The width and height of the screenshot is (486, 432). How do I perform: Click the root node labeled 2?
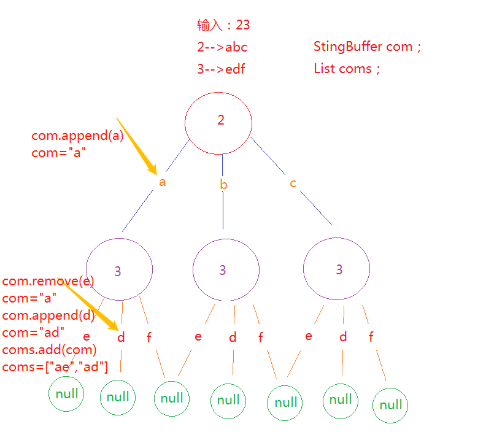pos(218,121)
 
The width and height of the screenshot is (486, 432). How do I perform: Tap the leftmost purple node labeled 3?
pos(119,269)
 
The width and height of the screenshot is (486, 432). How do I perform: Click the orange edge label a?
pos(162,182)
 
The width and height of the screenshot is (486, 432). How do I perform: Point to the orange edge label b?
pos(223,185)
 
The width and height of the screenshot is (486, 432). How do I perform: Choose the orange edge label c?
pos(293,183)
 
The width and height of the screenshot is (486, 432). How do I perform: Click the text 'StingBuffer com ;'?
pos(367,47)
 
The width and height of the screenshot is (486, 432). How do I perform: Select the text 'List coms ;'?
pos(347,69)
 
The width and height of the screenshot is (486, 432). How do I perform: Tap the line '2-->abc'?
pos(222,47)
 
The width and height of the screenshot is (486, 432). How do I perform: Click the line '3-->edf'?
pos(221,69)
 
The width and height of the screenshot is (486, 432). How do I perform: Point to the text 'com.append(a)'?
pos(77,136)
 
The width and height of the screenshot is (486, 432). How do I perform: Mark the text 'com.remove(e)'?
pos(48,282)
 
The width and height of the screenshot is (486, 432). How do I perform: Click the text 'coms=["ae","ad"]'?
pos(55,368)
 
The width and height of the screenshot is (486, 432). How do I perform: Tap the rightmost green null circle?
pos(391,405)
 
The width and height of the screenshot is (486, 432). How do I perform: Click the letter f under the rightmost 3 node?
pos(371,337)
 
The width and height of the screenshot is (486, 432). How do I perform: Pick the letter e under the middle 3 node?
pos(198,336)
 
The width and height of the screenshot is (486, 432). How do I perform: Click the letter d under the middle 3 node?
pos(233,337)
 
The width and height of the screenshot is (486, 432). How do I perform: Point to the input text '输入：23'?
pos(223,25)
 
